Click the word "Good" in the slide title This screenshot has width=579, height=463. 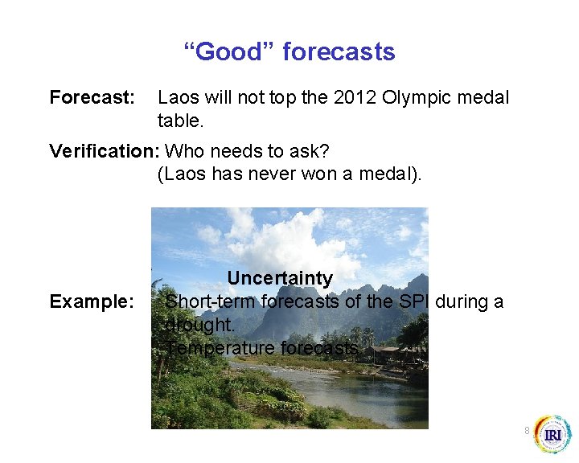[x=228, y=52]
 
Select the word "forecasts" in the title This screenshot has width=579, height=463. [x=339, y=52]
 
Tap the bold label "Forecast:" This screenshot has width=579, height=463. [x=92, y=98]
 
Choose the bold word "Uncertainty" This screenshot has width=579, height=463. [x=279, y=278]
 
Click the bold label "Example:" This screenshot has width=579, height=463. [x=92, y=301]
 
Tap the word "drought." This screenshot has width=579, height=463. [x=199, y=325]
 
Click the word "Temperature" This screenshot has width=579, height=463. [x=220, y=348]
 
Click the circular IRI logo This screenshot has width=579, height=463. [x=552, y=435]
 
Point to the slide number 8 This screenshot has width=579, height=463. [x=527, y=431]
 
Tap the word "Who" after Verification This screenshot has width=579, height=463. [x=183, y=151]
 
